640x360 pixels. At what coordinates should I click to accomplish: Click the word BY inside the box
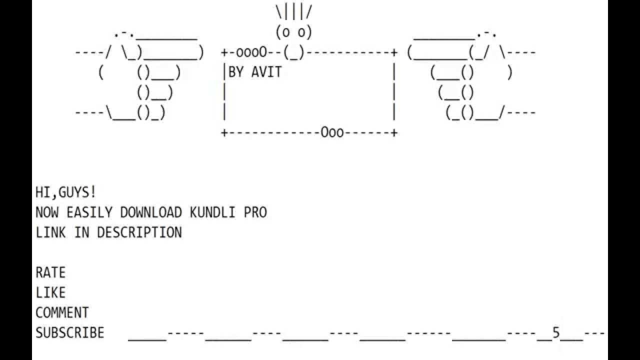[236, 72]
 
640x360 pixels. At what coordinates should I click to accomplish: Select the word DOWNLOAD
[150, 212]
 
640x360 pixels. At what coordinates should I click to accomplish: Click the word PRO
[255, 212]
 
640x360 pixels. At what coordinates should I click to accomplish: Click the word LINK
[50, 232]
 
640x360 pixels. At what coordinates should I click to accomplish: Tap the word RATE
[50, 272]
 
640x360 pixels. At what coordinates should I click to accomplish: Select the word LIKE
[50, 292]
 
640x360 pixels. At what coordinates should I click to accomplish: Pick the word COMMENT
[62, 312]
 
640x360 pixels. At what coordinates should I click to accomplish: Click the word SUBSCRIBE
[70, 332]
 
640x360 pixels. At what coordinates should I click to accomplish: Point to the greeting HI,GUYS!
[66, 192]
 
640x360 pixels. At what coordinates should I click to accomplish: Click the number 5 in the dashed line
[556, 332]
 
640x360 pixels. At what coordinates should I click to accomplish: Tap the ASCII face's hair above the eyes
[293, 11]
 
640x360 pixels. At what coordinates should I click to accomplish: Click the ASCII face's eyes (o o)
[293, 32]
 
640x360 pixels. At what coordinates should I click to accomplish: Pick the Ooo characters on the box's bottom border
[332, 132]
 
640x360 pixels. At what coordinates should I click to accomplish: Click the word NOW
[46, 212]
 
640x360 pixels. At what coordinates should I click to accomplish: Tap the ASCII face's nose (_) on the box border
[293, 52]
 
